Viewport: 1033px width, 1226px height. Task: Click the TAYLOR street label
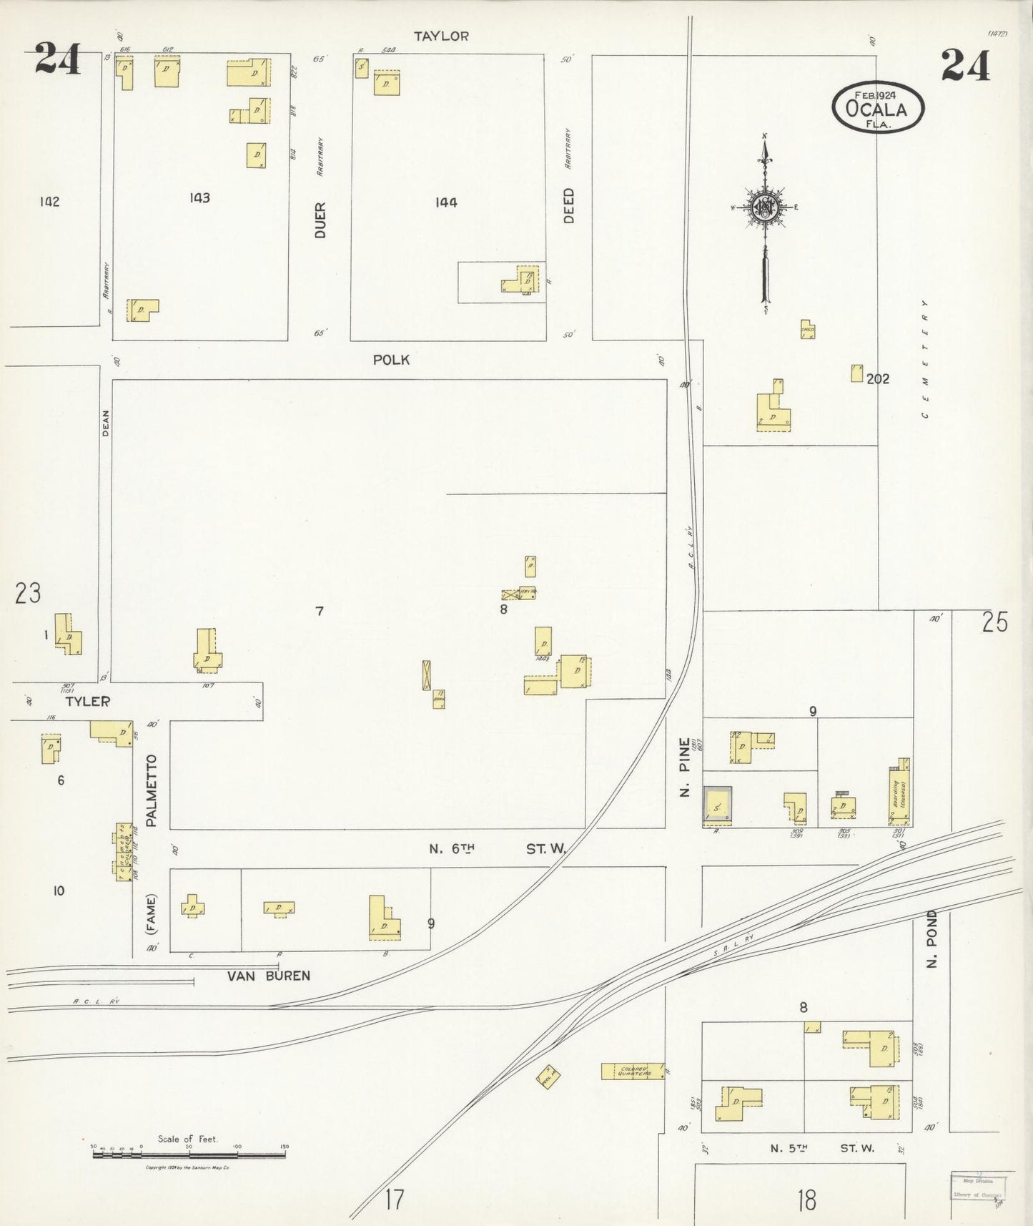point(442,36)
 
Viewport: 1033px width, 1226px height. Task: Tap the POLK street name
point(391,360)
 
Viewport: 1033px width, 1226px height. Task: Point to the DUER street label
point(320,220)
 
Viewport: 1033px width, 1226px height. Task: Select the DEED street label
point(569,205)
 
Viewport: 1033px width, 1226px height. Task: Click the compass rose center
point(765,207)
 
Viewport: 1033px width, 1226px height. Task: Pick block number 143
point(199,198)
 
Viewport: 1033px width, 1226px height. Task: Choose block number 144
point(445,202)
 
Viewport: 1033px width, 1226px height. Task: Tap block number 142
point(49,202)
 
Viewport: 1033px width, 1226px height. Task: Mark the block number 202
point(878,379)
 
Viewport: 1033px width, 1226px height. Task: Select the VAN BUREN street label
point(269,976)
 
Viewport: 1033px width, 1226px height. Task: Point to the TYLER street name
point(87,702)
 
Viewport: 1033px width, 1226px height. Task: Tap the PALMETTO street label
point(152,790)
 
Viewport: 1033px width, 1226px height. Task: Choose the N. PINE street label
point(685,768)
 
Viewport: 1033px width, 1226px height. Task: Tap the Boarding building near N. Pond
point(899,793)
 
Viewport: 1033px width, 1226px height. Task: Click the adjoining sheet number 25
point(994,623)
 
